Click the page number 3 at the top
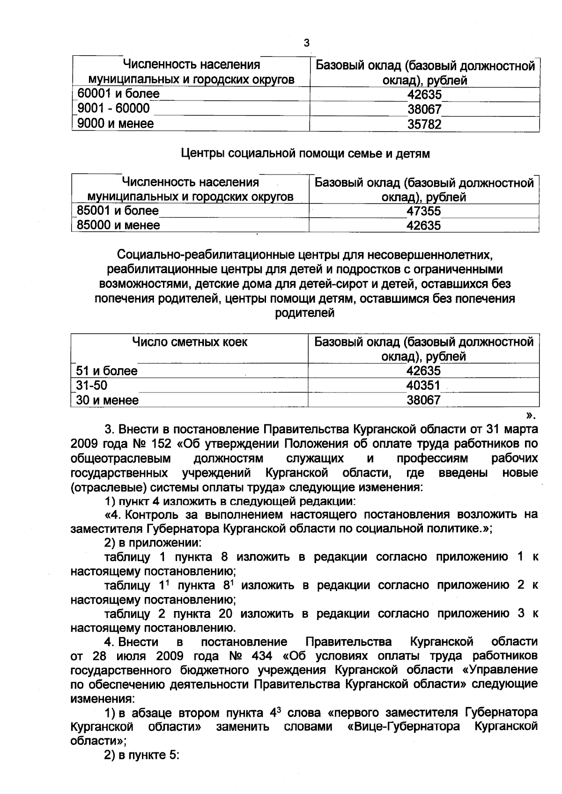307,44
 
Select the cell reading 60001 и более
118,94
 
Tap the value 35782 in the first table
424,124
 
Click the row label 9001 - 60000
113,109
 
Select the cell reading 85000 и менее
118,226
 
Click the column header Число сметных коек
190,342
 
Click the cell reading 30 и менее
108,401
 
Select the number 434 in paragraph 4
261,656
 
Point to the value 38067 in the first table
424,109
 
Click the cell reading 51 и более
107,371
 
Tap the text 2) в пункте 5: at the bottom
142,756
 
